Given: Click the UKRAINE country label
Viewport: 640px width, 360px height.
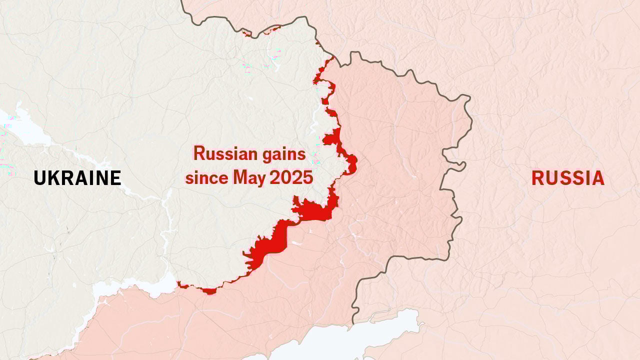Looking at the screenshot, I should point(77,178).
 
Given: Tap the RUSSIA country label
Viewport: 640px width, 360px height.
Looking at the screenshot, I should point(567,178).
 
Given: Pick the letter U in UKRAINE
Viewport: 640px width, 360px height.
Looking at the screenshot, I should point(39,178).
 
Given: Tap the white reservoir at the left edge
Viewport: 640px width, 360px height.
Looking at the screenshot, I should point(22,127).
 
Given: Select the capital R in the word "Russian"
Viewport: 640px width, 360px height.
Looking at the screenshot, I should point(199,153).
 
